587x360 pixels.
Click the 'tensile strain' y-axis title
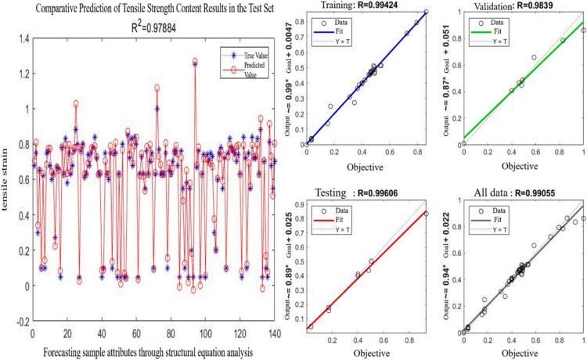pyautogui.click(x=8, y=179)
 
